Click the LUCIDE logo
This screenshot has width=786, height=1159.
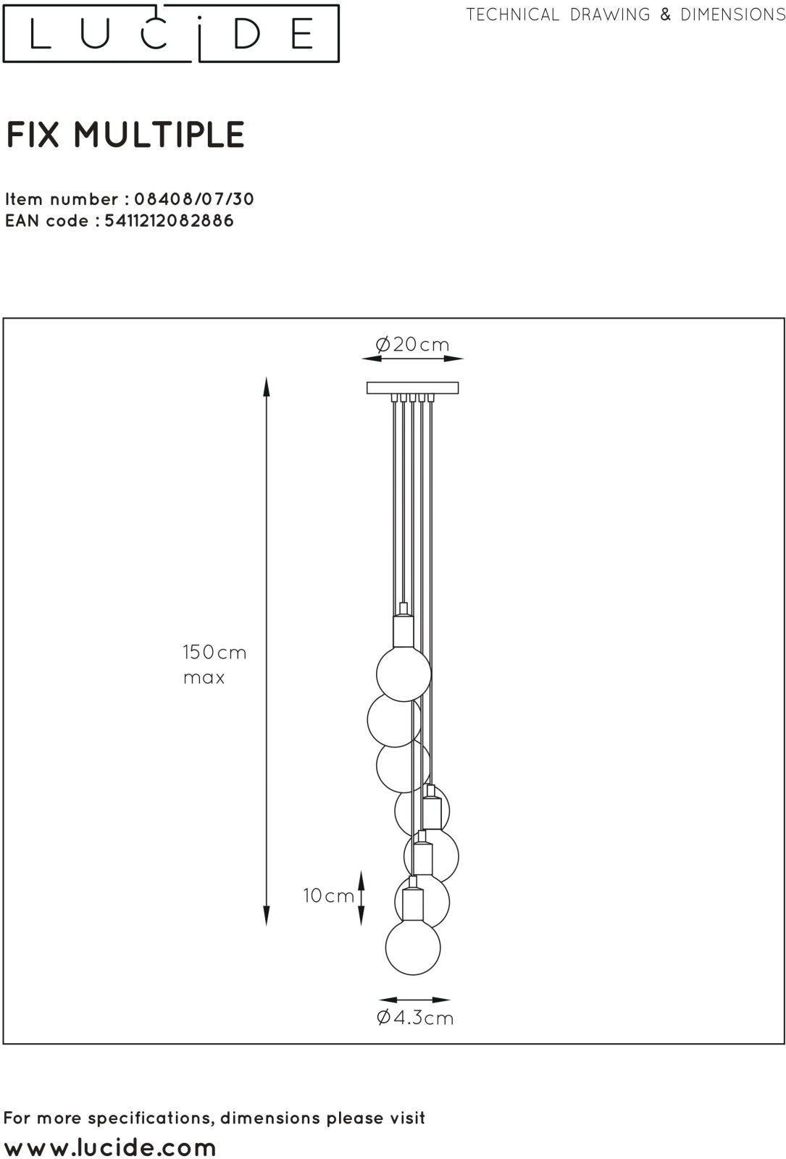coord(171,33)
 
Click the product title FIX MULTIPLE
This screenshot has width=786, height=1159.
coord(125,135)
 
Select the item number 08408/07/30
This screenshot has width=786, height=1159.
coord(194,199)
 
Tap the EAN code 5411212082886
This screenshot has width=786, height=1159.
coord(170,221)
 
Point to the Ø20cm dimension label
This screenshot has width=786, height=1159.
coord(412,344)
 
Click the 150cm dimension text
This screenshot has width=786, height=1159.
coord(214,652)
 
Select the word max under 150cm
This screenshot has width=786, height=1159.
coord(204,678)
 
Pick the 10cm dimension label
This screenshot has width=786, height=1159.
coord(329,895)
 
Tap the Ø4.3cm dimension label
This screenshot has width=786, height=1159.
coord(415,1018)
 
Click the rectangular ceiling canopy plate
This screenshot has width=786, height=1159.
coord(412,388)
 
